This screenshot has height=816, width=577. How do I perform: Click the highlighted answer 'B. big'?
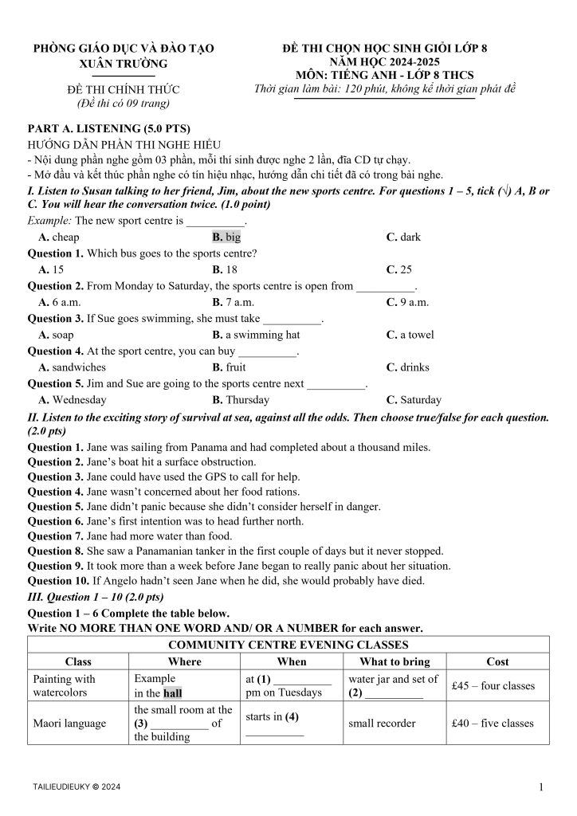[x=226, y=237]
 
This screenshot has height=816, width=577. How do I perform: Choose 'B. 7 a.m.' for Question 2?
[x=233, y=302]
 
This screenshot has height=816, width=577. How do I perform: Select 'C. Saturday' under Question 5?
[x=414, y=400]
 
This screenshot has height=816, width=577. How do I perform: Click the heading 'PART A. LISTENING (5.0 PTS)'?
[x=109, y=128]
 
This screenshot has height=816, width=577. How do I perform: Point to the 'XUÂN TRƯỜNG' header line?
[x=124, y=64]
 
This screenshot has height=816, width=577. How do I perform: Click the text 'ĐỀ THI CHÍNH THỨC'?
[x=124, y=89]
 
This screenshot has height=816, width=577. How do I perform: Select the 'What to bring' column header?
[x=394, y=661]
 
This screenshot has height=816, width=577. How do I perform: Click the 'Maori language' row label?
[x=69, y=724]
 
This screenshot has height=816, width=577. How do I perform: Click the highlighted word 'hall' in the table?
[x=173, y=693]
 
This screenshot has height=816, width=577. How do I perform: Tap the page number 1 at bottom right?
[x=541, y=788]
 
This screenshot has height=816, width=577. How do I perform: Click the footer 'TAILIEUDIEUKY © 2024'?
[x=77, y=787]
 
